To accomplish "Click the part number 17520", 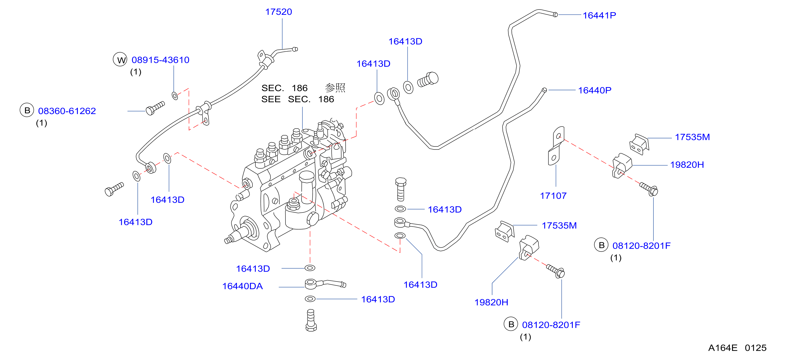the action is tap(278, 12).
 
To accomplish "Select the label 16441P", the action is tap(599, 15).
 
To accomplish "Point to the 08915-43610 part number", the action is tap(160, 60).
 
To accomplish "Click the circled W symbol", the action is tap(120, 59).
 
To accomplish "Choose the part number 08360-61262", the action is tap(67, 111).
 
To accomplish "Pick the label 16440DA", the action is tap(243, 286).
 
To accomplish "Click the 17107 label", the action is tap(553, 196).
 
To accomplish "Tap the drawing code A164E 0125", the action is tap(737, 348).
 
